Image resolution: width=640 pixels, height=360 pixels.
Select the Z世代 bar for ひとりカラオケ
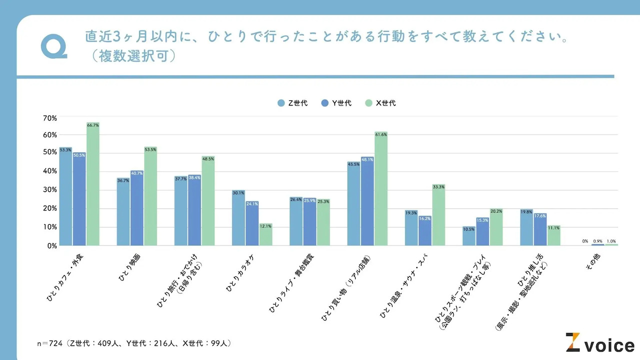238,218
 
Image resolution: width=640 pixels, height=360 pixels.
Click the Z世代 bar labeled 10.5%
469,236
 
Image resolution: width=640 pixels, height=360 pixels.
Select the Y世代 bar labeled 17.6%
540,229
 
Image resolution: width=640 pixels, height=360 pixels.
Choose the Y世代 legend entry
336,103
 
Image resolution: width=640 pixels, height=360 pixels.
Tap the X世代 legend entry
380,103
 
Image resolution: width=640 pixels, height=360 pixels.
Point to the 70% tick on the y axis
49,118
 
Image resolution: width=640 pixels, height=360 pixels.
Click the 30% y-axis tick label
49,190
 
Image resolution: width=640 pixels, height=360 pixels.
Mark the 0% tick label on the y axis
51,245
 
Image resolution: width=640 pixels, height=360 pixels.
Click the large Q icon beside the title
53,46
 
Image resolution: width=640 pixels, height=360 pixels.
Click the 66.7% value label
93,125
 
